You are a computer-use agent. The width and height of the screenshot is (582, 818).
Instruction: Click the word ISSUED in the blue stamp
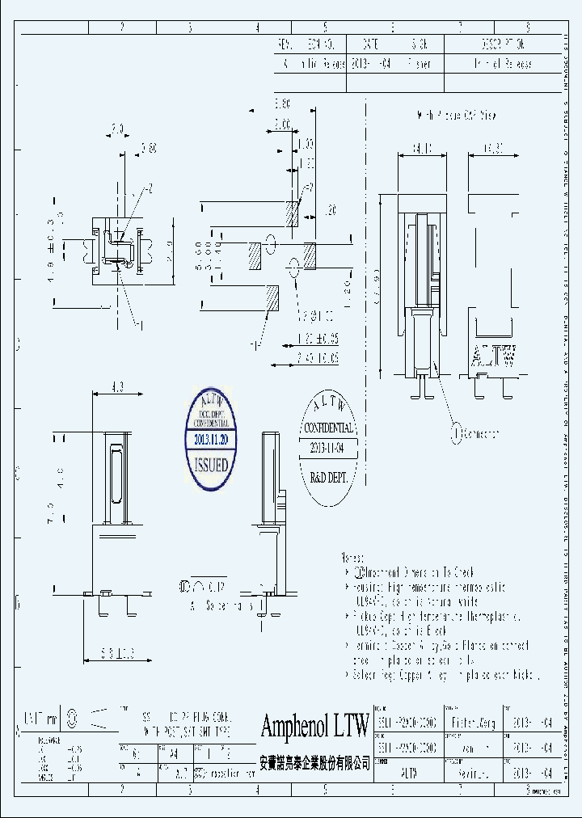[x=211, y=466]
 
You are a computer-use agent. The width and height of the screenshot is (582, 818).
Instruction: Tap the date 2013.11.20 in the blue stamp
[x=211, y=439]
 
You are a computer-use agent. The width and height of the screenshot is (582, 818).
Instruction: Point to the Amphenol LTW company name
[x=314, y=726]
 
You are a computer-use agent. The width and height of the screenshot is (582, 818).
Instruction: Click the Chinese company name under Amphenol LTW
[x=314, y=762]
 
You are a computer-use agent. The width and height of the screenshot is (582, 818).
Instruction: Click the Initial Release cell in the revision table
[x=500, y=64]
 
